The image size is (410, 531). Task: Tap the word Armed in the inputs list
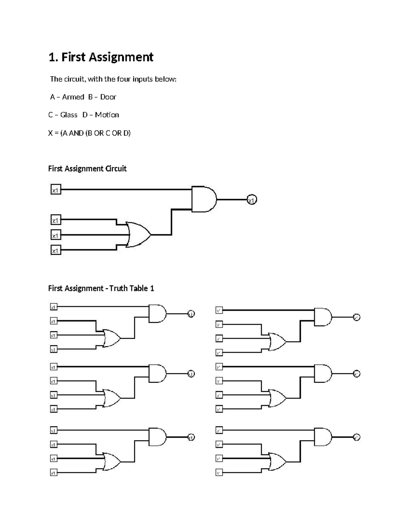pyautogui.click(x=73, y=97)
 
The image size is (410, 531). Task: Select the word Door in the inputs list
pyautogui.click(x=108, y=97)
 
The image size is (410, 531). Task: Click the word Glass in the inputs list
pyautogui.click(x=69, y=115)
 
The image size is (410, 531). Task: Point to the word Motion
pyautogui.click(x=107, y=115)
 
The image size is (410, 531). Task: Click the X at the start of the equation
pyautogui.click(x=51, y=133)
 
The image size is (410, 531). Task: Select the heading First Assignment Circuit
pyautogui.click(x=87, y=169)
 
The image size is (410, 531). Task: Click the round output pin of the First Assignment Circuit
pyautogui.click(x=252, y=200)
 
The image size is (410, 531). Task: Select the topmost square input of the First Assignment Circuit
pyautogui.click(x=56, y=189)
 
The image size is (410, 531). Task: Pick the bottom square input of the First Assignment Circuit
pyautogui.click(x=56, y=250)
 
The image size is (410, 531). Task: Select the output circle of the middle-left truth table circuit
pyautogui.click(x=191, y=374)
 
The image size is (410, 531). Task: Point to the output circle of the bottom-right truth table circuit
pyautogui.click(x=356, y=437)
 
